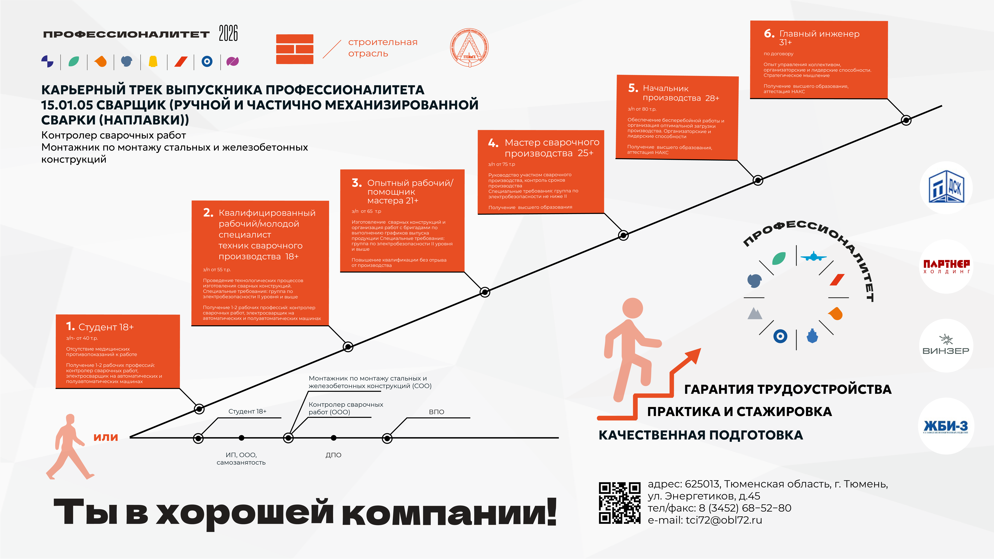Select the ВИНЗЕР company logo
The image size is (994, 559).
(946, 345)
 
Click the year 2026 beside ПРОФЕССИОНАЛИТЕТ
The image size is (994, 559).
(228, 33)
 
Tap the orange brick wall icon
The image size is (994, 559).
(294, 49)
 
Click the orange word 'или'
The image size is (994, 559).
(105, 437)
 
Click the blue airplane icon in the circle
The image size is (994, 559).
(813, 256)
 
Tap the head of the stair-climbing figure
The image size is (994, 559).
(633, 308)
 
